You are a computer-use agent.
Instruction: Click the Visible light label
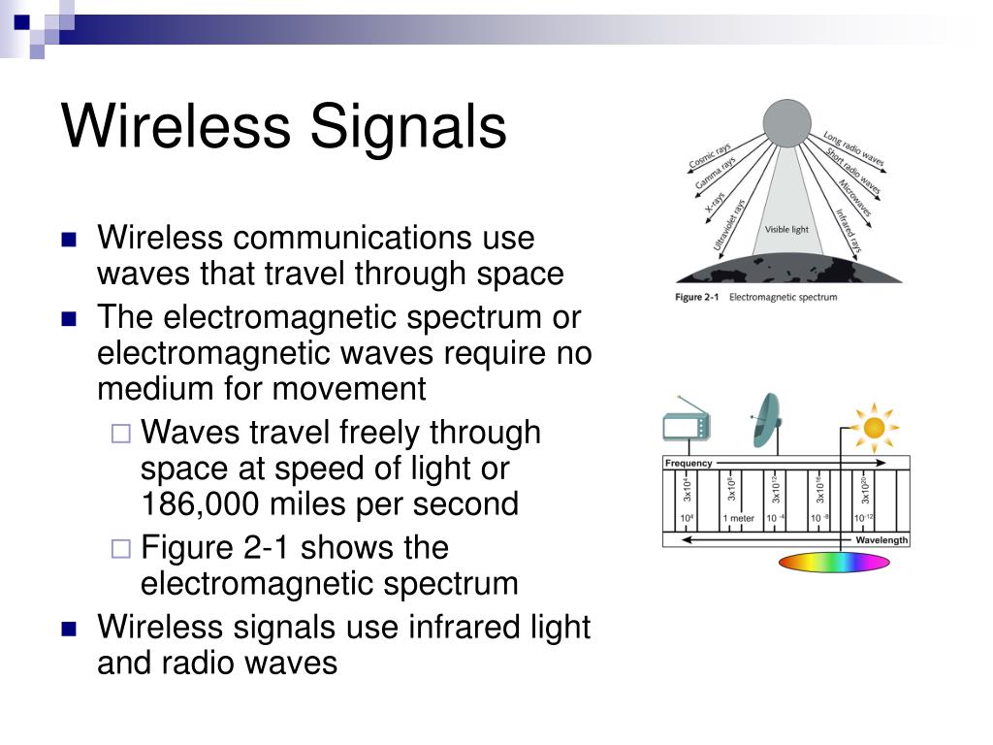(x=786, y=229)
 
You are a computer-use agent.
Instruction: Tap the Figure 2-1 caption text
(x=755, y=297)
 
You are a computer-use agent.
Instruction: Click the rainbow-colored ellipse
(x=834, y=562)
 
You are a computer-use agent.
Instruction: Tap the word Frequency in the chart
(x=689, y=464)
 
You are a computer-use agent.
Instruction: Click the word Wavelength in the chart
(x=881, y=539)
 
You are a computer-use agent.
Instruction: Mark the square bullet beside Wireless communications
(x=69, y=240)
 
